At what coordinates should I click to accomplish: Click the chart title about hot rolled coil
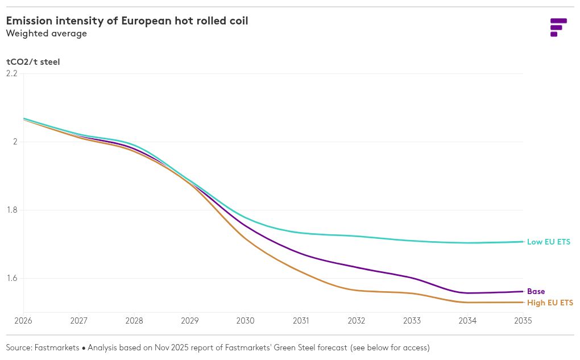[x=127, y=21]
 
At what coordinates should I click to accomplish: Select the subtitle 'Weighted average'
[x=47, y=34]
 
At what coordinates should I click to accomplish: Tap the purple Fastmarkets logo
[x=558, y=27]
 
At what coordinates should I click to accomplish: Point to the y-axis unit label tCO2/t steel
[x=33, y=62]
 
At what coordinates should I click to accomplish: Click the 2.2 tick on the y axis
[x=12, y=73]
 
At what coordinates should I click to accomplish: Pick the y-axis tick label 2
[x=15, y=142]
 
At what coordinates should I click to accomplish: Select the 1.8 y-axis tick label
[x=12, y=210]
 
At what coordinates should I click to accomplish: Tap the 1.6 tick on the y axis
[x=12, y=278]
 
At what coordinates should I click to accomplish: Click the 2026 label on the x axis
[x=23, y=321]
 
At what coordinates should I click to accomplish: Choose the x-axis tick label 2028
[x=134, y=321]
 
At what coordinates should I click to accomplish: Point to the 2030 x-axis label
[x=245, y=321]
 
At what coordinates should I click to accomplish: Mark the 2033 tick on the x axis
[x=412, y=321]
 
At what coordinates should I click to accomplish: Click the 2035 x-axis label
[x=523, y=321]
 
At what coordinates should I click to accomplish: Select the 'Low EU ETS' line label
[x=548, y=242]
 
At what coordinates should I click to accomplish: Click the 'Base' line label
[x=536, y=292]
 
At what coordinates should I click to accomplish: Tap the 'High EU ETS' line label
[x=550, y=303]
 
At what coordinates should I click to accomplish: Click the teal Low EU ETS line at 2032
[x=357, y=236]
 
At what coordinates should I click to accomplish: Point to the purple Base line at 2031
[x=301, y=254]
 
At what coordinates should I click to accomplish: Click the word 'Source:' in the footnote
[x=19, y=347]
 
